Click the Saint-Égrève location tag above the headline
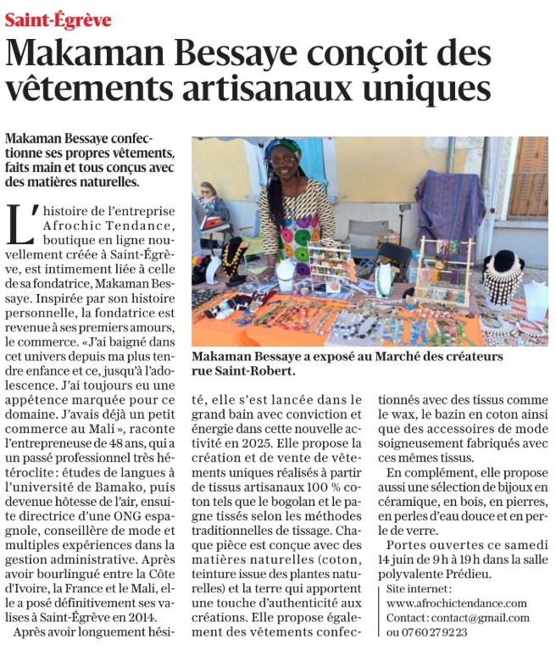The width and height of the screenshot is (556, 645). coord(58,19)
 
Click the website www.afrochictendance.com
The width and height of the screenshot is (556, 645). coord(456,603)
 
